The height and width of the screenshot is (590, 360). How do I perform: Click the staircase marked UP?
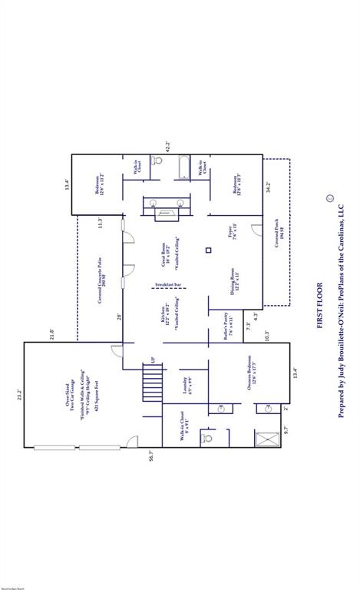coord(154,380)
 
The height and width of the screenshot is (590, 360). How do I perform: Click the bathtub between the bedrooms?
coord(183,167)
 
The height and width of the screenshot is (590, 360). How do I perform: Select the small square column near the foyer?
coord(208,250)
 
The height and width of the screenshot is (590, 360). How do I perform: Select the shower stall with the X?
coord(268,439)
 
